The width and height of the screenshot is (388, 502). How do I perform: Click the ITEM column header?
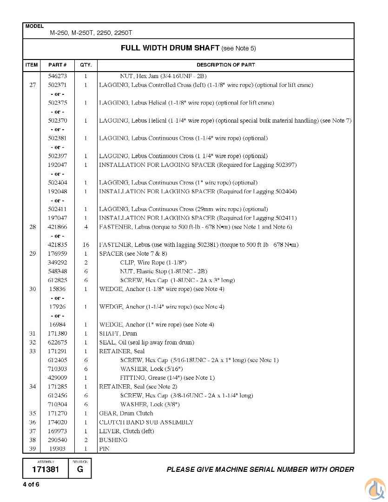pyautogui.click(x=31, y=65)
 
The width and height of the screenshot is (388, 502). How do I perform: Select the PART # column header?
pyautogui.click(x=58, y=65)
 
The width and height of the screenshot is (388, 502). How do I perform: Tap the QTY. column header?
pyautogui.click(x=86, y=65)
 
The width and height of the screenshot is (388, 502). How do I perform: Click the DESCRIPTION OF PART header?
pyautogui.click(x=225, y=65)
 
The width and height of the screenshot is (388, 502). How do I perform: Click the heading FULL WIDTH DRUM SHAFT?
pyautogui.click(x=170, y=48)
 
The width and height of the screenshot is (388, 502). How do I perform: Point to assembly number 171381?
pyautogui.click(x=46, y=469)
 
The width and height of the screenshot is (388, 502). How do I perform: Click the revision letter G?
pyautogui.click(x=80, y=469)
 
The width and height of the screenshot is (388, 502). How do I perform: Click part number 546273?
pyautogui.click(x=58, y=76)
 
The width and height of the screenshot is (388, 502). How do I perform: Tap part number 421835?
pyautogui.click(x=58, y=244)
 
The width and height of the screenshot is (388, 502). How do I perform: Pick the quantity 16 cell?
pyautogui.click(x=86, y=244)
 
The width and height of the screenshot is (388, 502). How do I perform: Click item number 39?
pyautogui.click(x=33, y=449)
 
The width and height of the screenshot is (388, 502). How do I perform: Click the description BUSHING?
pyautogui.click(x=113, y=440)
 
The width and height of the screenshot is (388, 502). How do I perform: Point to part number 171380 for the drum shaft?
pyautogui.click(x=58, y=333)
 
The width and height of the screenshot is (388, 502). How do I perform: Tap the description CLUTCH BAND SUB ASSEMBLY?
pyautogui.click(x=146, y=422)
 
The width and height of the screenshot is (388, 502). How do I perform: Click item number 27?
pyautogui.click(x=33, y=85)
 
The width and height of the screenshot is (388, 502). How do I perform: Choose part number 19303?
pyautogui.click(x=58, y=449)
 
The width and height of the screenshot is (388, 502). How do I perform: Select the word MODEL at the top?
pyautogui.click(x=34, y=26)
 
